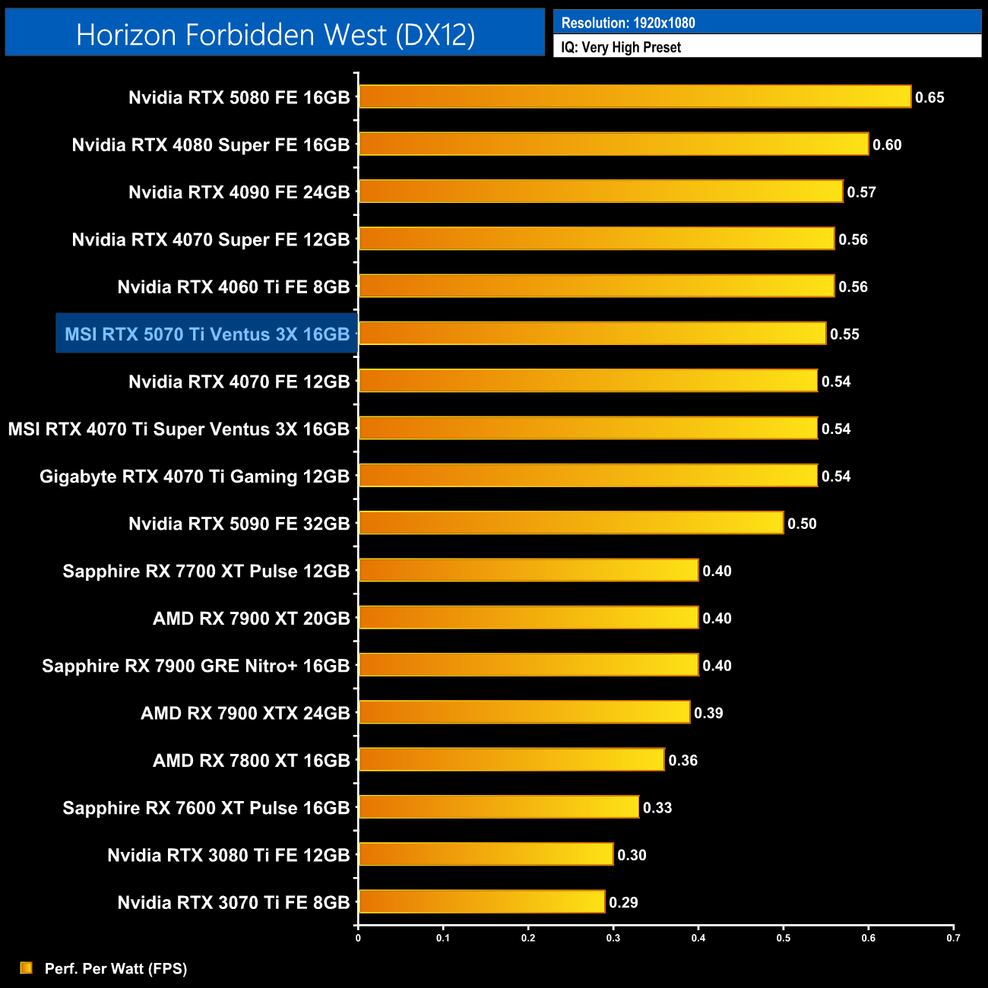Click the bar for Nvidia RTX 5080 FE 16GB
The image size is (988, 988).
click(635, 97)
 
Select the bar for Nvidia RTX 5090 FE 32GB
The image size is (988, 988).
click(571, 523)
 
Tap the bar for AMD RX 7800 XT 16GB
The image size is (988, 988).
click(511, 759)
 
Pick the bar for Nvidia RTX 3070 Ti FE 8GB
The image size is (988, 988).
click(482, 901)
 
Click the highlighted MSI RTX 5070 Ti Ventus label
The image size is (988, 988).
click(207, 334)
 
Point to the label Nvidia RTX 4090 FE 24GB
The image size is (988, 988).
click(239, 192)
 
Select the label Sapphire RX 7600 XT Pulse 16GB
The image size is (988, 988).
click(206, 808)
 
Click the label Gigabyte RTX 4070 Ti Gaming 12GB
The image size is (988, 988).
click(195, 477)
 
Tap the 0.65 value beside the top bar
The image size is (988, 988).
click(929, 97)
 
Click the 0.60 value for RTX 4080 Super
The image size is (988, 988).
click(887, 144)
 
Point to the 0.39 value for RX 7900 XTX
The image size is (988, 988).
click(708, 713)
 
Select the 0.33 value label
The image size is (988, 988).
click(657, 808)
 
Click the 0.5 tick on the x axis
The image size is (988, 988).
click(784, 938)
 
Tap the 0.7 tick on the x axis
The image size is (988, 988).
click(953, 938)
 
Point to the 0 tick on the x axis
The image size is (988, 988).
click(358, 938)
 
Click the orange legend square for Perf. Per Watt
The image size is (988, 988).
click(27, 967)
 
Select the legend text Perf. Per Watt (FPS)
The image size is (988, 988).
click(116, 968)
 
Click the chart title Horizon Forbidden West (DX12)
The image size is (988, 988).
click(275, 34)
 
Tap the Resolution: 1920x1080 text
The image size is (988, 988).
click(628, 23)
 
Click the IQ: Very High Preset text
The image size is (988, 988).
click(621, 47)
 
